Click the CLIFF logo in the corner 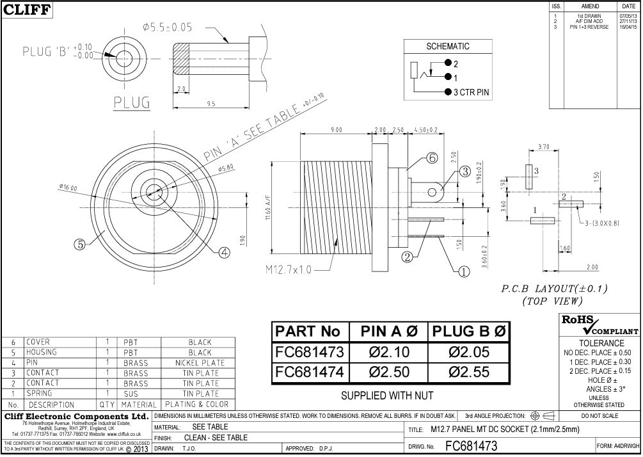click(x=26, y=9)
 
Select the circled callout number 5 click(x=79, y=244)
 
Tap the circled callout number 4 click(x=224, y=252)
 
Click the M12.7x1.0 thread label click(x=289, y=269)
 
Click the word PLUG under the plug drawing click(x=132, y=102)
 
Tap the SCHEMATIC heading click(x=447, y=47)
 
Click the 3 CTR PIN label click(x=471, y=93)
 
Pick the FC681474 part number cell click(x=310, y=372)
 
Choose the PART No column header click(x=310, y=332)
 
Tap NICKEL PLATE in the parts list click(x=200, y=363)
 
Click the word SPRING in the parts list click(x=40, y=394)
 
